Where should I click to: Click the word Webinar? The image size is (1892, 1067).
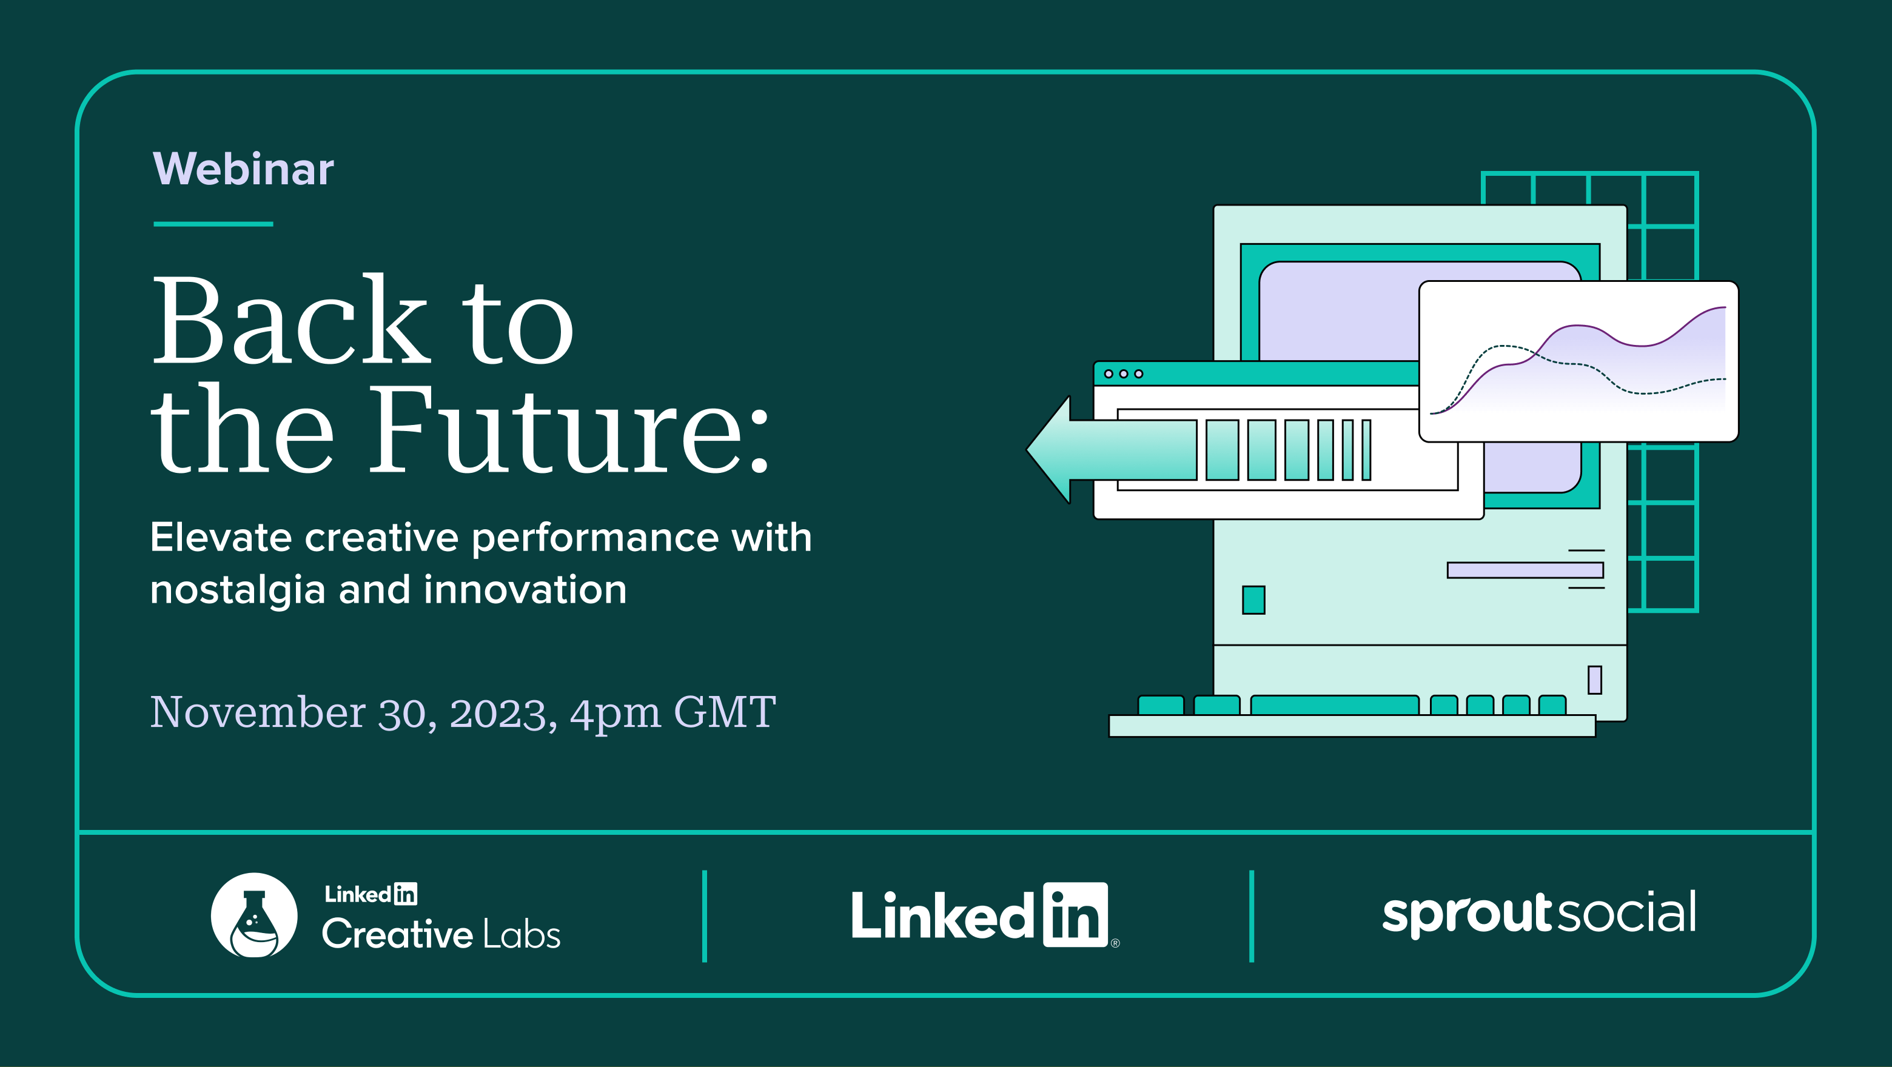(x=243, y=169)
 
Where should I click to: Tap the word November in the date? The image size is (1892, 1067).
(x=258, y=712)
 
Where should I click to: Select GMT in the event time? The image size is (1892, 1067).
(x=724, y=712)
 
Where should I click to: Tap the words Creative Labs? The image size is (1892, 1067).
(x=441, y=934)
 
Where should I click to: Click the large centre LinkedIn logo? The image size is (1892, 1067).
(x=984, y=915)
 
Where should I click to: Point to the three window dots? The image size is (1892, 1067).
(x=1124, y=374)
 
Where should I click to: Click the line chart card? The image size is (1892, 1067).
(x=1578, y=361)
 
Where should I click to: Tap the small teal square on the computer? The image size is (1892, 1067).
(x=1253, y=600)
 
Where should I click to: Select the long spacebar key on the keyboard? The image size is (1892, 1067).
(x=1335, y=705)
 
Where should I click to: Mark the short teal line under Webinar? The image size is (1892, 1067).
(x=213, y=224)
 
